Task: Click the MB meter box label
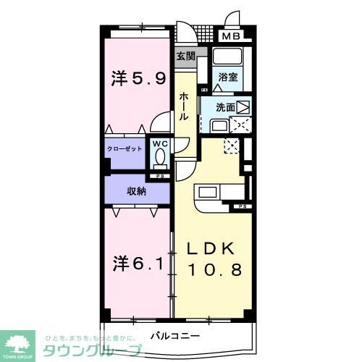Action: (232, 35)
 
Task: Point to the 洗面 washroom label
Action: (224, 107)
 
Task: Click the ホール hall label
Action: (185, 105)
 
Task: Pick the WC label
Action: (159, 143)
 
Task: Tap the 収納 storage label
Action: (137, 191)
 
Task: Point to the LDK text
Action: (211, 248)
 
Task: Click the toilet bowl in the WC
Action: (159, 159)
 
